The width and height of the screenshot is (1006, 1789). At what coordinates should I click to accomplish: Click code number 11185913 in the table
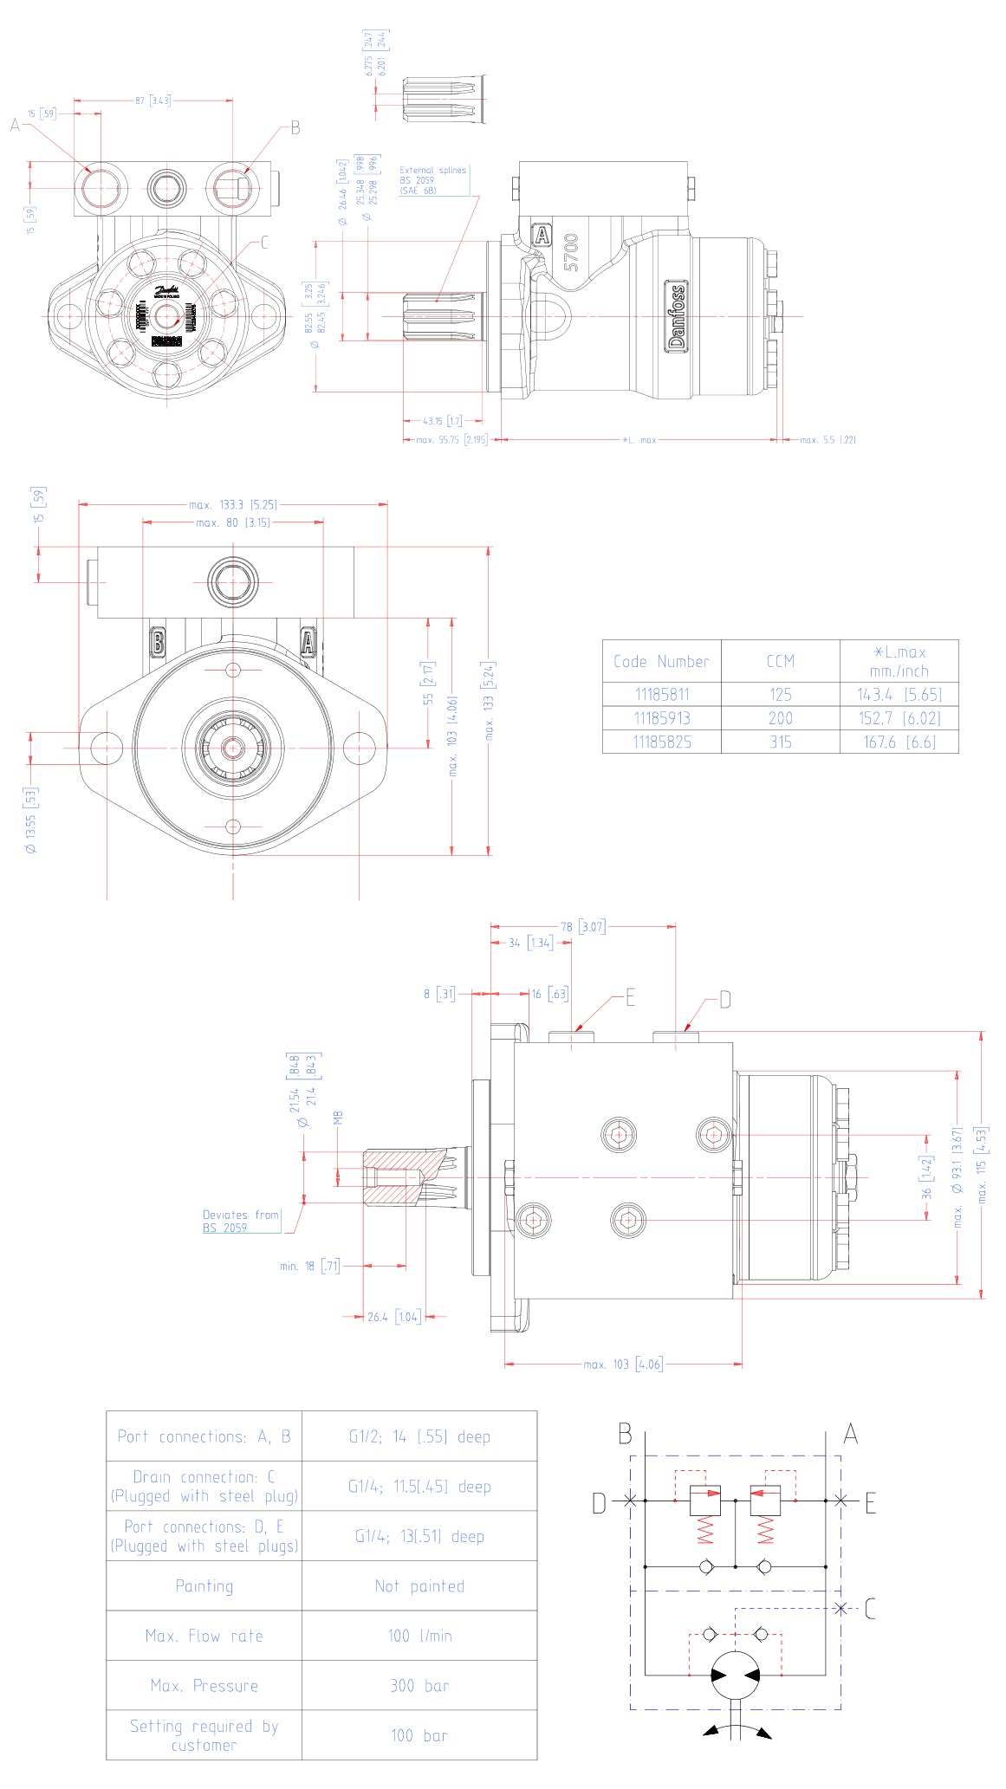click(x=662, y=718)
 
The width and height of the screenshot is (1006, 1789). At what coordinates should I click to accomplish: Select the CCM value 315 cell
click(x=780, y=742)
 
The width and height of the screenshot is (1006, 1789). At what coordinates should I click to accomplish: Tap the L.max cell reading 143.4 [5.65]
click(x=899, y=695)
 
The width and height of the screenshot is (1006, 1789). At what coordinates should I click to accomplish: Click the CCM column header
click(x=780, y=662)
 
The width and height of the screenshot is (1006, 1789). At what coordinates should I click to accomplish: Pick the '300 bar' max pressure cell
click(x=419, y=1686)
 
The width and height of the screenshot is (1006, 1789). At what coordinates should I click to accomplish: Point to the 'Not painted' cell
click(x=419, y=1586)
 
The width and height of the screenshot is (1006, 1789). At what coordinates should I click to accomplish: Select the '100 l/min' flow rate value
click(x=419, y=1636)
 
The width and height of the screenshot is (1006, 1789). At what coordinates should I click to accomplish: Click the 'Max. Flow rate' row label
click(x=204, y=1636)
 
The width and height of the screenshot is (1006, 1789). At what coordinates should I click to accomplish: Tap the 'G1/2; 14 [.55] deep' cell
click(x=419, y=1436)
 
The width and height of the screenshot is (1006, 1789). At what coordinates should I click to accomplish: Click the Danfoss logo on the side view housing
click(x=676, y=316)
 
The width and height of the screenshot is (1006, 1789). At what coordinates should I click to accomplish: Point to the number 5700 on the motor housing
click(x=571, y=252)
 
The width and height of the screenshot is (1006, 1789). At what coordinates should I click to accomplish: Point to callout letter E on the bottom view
click(x=630, y=998)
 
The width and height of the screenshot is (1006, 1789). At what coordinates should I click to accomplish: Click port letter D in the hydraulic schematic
click(x=599, y=1503)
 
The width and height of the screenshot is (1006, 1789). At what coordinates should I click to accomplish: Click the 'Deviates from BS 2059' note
click(x=241, y=1222)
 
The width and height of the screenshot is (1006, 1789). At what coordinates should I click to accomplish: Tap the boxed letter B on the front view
click(x=158, y=643)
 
